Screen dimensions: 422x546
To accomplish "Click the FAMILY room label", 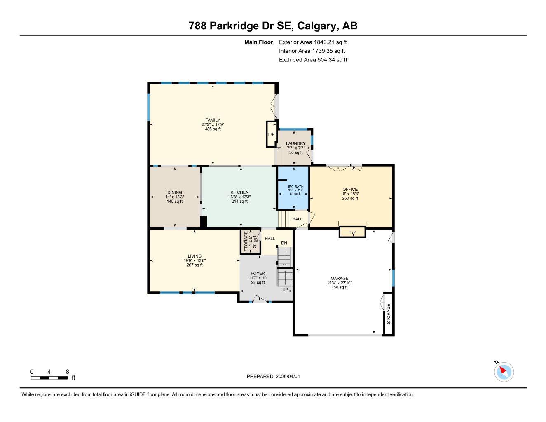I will [213, 120].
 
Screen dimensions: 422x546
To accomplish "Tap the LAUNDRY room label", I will [296, 143].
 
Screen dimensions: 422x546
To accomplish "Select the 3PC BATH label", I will [295, 186].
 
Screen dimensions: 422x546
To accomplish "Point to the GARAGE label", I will [339, 278].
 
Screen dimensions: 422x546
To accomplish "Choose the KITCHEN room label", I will [239, 192].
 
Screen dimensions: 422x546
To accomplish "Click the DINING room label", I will [175, 192].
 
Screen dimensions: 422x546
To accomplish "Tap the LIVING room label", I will [194, 256].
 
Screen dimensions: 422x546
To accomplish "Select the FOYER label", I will [258, 273].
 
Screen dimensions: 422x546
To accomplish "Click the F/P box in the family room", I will [271, 134].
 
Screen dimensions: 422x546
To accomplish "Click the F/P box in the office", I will [352, 232].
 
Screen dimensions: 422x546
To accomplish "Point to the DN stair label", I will [284, 243].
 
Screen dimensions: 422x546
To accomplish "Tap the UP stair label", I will [285, 290].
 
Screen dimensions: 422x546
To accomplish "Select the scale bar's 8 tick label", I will [67, 372].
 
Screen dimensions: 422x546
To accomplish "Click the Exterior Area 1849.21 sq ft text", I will [313, 42].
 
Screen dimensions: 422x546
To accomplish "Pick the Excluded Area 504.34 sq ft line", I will [313, 60].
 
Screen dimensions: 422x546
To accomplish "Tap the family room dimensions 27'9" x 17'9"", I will [213, 124].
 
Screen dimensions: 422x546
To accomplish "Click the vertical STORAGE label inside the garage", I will [388, 314].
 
